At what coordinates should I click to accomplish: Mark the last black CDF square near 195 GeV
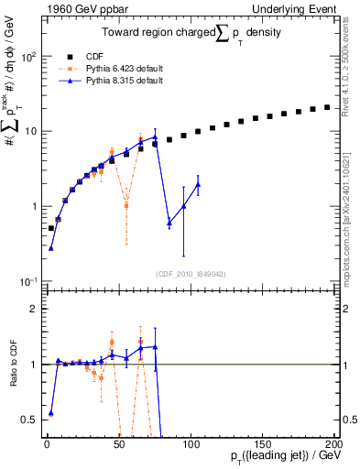click(327, 107)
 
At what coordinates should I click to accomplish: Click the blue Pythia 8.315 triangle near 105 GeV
click(198, 184)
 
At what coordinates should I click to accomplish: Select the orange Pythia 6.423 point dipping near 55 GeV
click(126, 205)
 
